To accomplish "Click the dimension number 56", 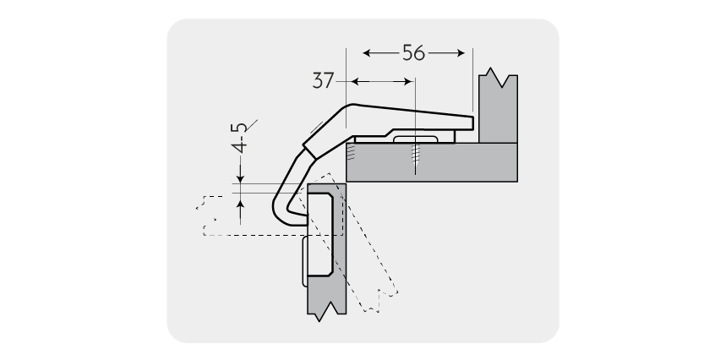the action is pyautogui.click(x=413, y=53).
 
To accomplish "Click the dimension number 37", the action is pyautogui.click(x=323, y=80).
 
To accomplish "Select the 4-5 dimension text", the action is pyautogui.click(x=240, y=138).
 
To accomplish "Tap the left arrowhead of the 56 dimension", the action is pyautogui.click(x=367, y=53).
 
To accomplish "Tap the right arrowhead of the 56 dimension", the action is pyautogui.click(x=461, y=53).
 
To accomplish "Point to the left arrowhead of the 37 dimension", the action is pyautogui.click(x=355, y=82).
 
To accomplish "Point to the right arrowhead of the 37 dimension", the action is pyautogui.click(x=408, y=82).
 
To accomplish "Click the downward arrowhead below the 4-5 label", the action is pyautogui.click(x=240, y=178).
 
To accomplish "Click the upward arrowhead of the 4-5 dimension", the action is pyautogui.click(x=240, y=198).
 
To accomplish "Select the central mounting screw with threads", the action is pyautogui.click(x=415, y=156).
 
